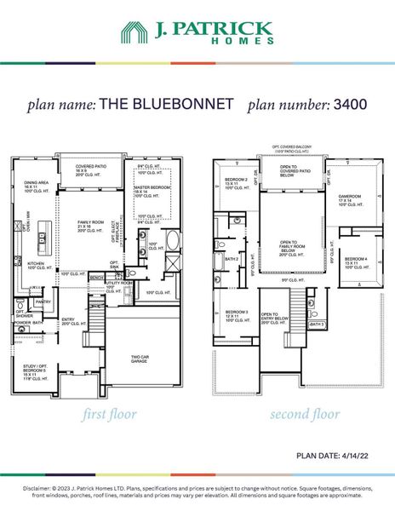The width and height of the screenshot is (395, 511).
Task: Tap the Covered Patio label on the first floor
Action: pyautogui.click(x=91, y=169)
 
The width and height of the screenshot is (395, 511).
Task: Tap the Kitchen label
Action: pyautogui.click(x=35, y=267)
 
